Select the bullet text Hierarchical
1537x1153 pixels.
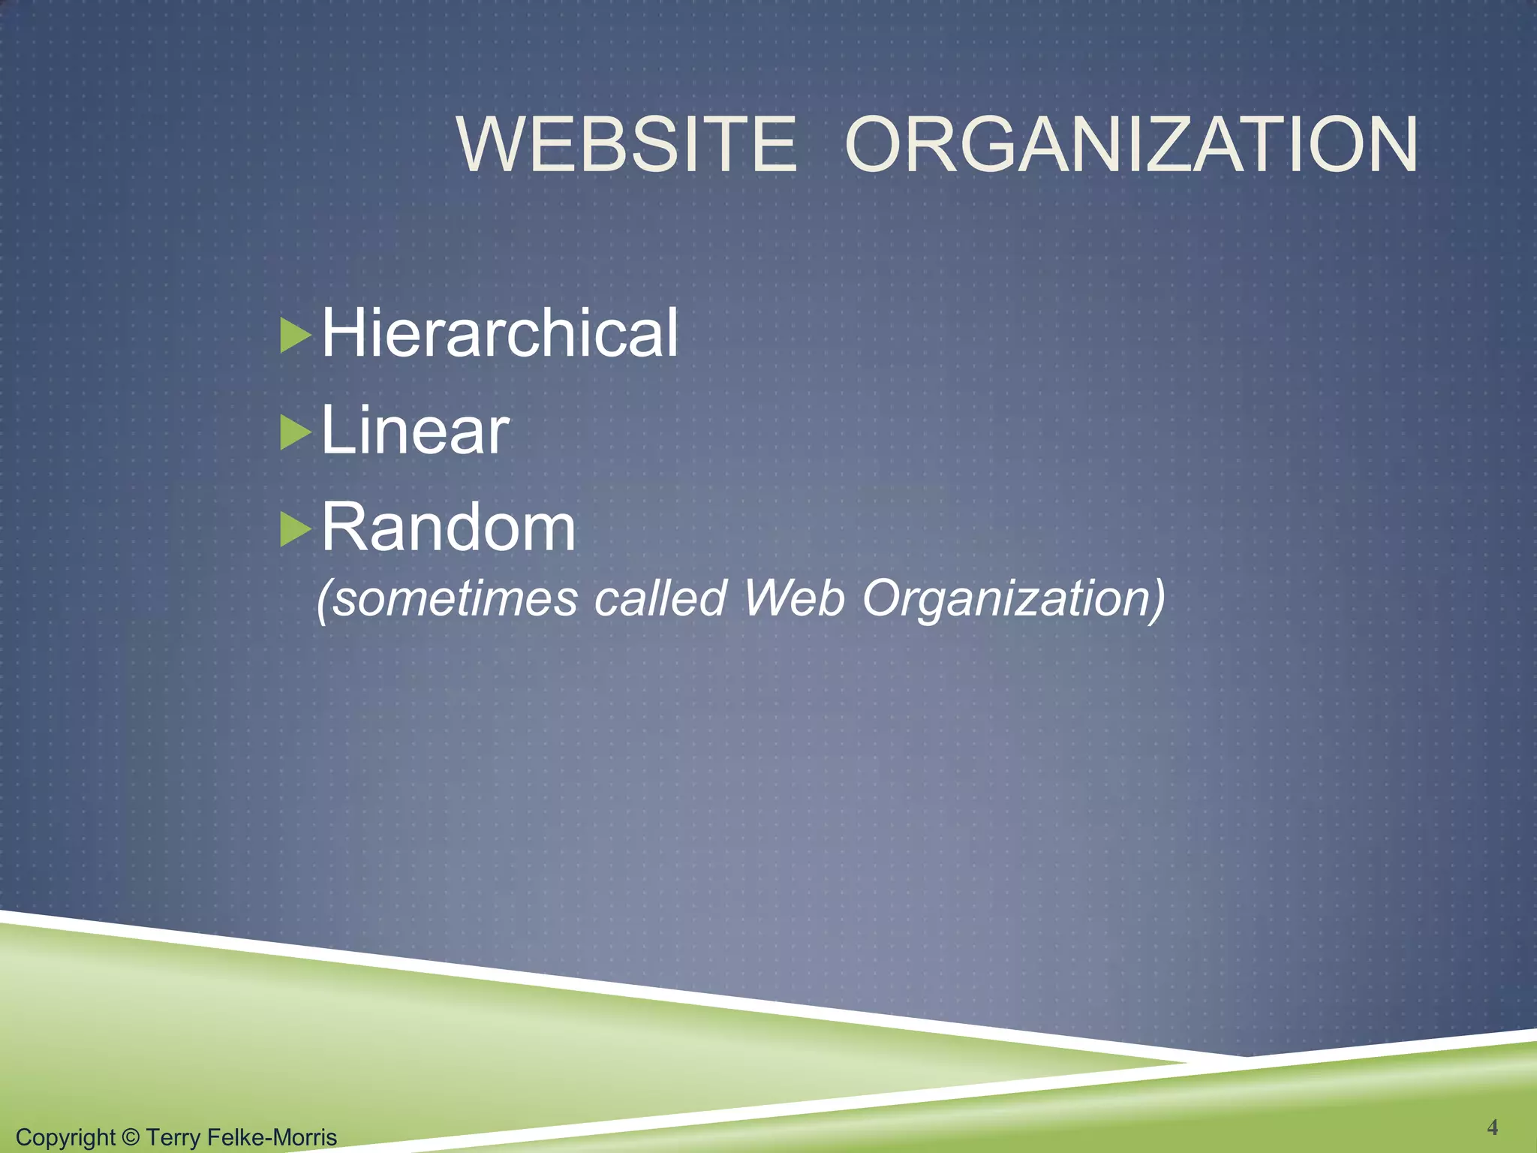click(x=500, y=333)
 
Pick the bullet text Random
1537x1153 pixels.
click(x=449, y=527)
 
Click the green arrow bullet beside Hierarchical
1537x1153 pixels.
click(x=295, y=336)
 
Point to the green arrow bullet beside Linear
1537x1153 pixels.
click(x=295, y=433)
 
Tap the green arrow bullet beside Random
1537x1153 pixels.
click(x=295, y=530)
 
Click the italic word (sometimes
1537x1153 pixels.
click(x=447, y=599)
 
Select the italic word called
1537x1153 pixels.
click(x=660, y=599)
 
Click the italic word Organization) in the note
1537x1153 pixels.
click(x=1013, y=599)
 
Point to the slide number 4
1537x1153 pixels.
click(x=1493, y=1127)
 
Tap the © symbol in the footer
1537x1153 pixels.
click(x=131, y=1137)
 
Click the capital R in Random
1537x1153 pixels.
click(x=342, y=527)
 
